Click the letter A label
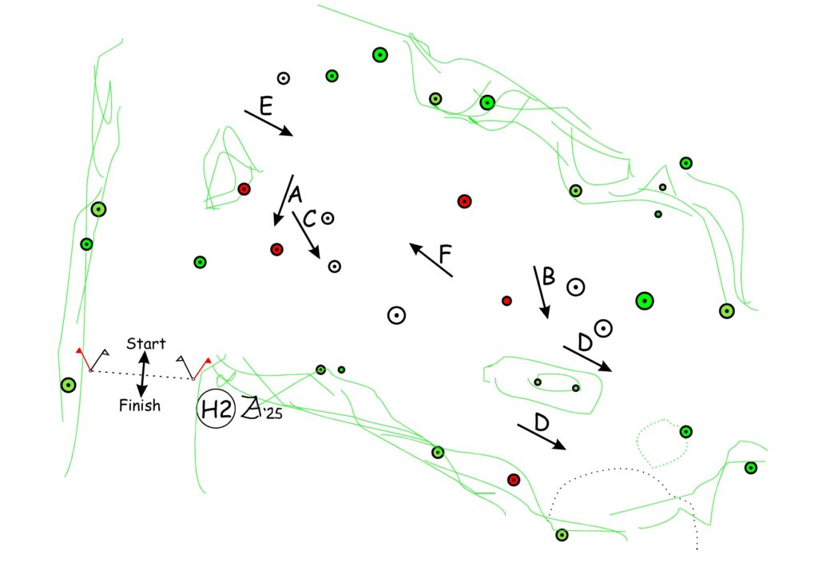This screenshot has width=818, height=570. [295, 194]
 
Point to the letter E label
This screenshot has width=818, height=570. [267, 104]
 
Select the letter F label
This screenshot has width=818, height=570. [446, 254]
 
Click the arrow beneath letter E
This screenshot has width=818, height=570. [269, 124]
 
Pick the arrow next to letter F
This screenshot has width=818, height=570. [431, 259]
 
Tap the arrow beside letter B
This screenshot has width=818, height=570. [541, 293]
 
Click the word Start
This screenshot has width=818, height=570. [146, 344]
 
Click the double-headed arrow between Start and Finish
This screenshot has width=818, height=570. [143, 374]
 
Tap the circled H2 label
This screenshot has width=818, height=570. [216, 410]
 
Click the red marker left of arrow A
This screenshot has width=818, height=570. [276, 249]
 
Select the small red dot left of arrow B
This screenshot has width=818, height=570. [506, 301]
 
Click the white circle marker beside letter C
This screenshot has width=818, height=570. [328, 217]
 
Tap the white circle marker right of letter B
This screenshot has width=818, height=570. [575, 287]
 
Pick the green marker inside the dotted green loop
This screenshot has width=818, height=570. [685, 432]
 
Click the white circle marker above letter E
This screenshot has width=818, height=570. [283, 78]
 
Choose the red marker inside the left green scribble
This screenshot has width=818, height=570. [244, 189]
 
